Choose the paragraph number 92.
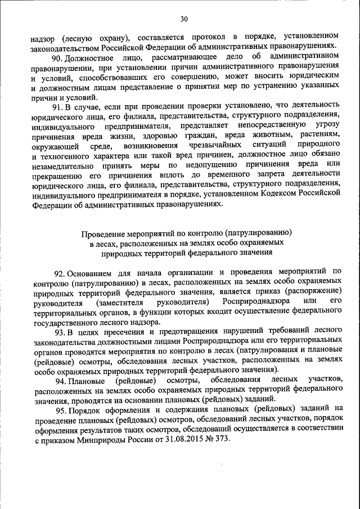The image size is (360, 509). click(61, 271)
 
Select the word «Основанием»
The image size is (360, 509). click(92, 271)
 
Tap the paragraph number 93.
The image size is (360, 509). click(61, 331)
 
